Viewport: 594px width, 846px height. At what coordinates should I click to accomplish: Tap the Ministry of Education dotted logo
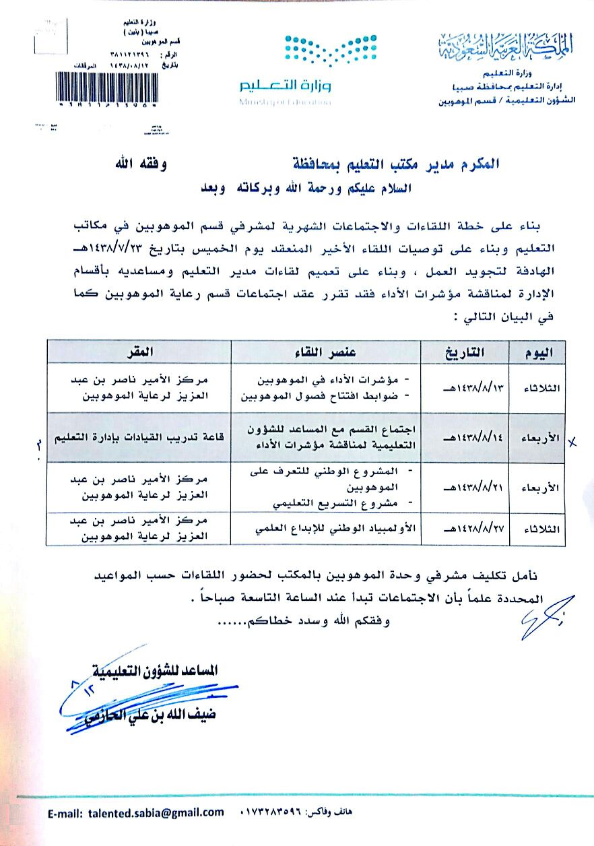click(312, 51)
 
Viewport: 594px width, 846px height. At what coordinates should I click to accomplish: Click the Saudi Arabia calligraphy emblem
click(509, 46)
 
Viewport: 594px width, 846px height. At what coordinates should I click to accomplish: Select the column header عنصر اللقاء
click(326, 352)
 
